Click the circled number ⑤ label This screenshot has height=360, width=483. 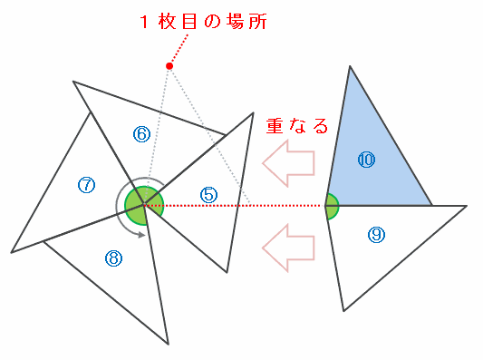208,195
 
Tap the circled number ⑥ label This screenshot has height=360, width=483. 141,134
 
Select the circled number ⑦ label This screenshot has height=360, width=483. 87,185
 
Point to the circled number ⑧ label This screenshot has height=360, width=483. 113,258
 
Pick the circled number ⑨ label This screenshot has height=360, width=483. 376,235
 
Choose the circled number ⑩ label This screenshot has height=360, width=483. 367,160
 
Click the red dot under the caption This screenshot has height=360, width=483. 169,66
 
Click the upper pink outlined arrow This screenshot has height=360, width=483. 288,163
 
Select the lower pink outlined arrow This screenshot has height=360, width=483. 288,248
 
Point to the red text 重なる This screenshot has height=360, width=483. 296,126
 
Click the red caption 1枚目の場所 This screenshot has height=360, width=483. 203,22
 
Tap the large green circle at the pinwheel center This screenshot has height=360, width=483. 144,206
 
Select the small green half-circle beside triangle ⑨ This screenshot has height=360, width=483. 332,206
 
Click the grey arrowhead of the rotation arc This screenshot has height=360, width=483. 141,235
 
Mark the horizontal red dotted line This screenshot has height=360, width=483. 234,205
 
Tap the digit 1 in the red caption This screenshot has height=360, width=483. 144,22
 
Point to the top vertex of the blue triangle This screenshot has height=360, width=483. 350,65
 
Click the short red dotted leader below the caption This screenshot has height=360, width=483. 179,49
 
